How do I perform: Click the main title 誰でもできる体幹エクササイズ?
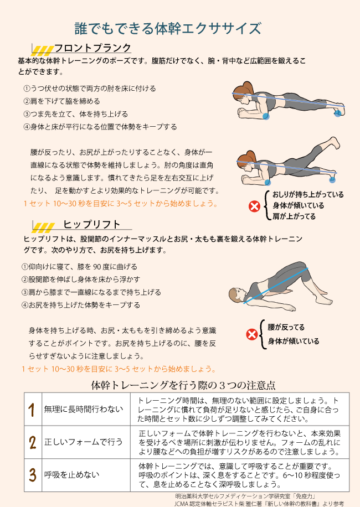(x=168, y=28)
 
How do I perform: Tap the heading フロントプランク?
(x=92, y=48)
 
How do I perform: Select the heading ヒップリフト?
(x=92, y=224)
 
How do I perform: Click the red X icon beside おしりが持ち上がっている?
(x=255, y=206)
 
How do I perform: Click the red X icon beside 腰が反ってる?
(x=252, y=335)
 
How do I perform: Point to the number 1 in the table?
(x=32, y=410)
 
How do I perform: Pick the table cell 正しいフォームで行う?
(x=84, y=442)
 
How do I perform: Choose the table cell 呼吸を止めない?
(x=72, y=475)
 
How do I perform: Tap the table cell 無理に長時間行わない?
(x=84, y=409)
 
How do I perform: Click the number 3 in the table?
(x=32, y=475)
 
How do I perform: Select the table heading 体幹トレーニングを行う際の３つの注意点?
(x=183, y=385)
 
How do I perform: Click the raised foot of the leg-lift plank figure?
(x=333, y=142)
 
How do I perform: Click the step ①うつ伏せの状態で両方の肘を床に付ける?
(x=90, y=88)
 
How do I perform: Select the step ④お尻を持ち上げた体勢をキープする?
(x=80, y=305)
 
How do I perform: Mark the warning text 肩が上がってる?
(x=294, y=216)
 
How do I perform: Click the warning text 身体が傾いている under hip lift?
(x=294, y=341)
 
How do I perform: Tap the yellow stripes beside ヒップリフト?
(x=44, y=227)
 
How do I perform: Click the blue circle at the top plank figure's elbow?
(x=265, y=116)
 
